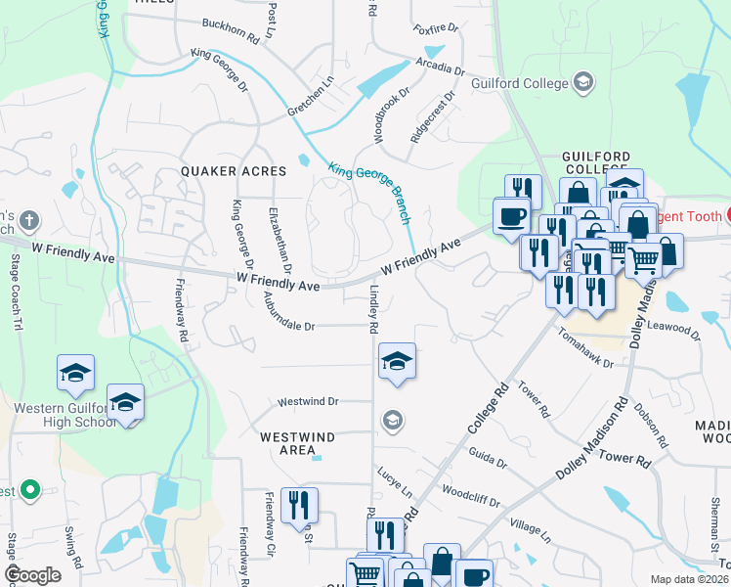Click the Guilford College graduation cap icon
(583, 82)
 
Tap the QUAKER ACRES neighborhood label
(234, 171)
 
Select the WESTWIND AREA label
(291, 442)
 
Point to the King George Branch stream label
(369, 192)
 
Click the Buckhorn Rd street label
(230, 30)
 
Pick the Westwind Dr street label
(308, 401)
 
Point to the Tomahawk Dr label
(586, 349)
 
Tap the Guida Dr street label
(489, 458)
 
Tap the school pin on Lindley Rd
(397, 361)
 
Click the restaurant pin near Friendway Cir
(299, 505)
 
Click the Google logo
(33, 575)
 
